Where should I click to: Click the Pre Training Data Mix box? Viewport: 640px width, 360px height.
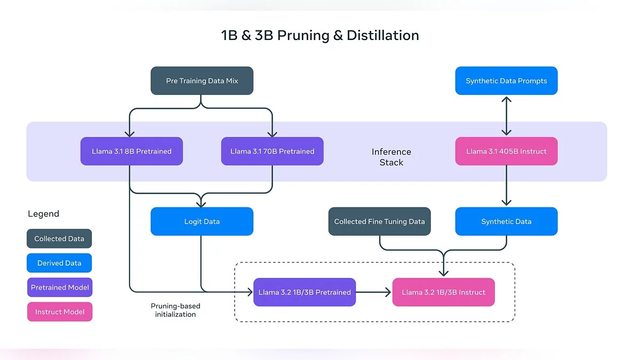(202, 81)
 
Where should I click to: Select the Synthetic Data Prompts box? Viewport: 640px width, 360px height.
(506, 81)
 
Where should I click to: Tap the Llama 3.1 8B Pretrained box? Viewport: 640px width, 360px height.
(131, 151)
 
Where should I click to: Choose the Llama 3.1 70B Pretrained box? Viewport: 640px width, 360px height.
(272, 151)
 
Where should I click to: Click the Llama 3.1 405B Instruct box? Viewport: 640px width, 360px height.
(506, 151)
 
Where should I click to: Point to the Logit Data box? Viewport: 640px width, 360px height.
(202, 221)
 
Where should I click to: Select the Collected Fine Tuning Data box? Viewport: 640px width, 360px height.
(379, 221)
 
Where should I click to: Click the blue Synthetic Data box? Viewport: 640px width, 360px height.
(506, 221)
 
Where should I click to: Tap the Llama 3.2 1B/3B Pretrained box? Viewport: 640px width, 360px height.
(305, 292)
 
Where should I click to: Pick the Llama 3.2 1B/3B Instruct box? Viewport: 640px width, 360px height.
(443, 292)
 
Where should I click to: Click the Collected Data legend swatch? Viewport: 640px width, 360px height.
(59, 239)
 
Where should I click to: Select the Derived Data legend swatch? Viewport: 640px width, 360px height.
(59, 263)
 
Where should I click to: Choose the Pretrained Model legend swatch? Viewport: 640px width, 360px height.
(59, 287)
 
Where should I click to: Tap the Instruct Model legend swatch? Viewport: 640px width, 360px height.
(59, 312)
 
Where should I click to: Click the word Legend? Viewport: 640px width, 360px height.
(43, 214)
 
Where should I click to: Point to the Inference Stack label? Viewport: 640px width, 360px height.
(391, 157)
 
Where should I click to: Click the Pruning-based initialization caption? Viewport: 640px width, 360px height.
(175, 310)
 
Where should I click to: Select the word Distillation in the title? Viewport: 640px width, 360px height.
(382, 36)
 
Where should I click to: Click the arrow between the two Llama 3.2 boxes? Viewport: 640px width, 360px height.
(374, 292)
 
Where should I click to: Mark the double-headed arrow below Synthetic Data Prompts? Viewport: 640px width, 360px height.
(506, 116)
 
